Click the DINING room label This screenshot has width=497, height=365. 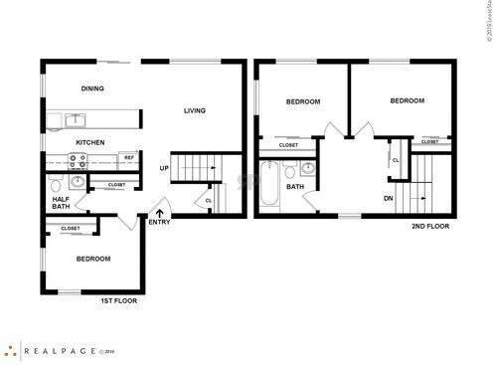point(92,89)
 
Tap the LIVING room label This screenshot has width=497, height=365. point(195,110)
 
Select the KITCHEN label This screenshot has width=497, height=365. point(90,142)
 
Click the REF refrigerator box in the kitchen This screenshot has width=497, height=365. point(128,158)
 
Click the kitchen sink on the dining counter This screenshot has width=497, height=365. point(77,120)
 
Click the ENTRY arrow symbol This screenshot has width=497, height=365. point(160,211)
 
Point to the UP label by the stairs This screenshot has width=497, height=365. point(164,168)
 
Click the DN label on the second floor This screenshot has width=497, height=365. point(389,197)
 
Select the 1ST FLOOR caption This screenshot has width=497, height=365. point(117,299)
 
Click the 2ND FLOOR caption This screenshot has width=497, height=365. point(430,226)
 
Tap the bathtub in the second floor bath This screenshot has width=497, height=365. point(271,186)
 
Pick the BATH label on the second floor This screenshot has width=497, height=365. point(296,186)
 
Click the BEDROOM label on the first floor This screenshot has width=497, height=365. point(92,259)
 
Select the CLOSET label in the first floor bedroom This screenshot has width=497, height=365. point(71,229)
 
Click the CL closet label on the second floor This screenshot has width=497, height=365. point(396,160)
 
